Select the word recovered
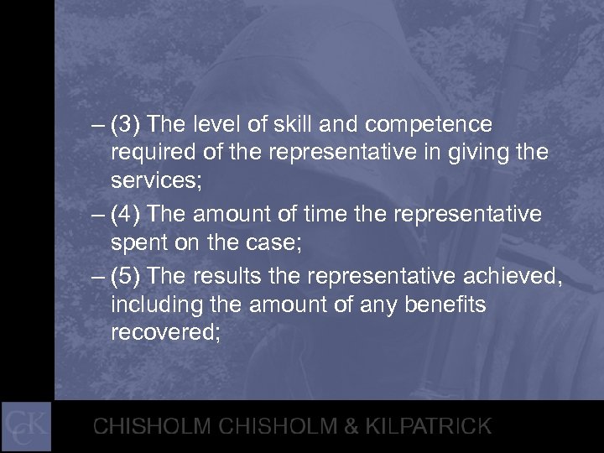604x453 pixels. pyautogui.click(x=164, y=331)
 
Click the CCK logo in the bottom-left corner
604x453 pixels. pyautogui.click(x=27, y=425)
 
